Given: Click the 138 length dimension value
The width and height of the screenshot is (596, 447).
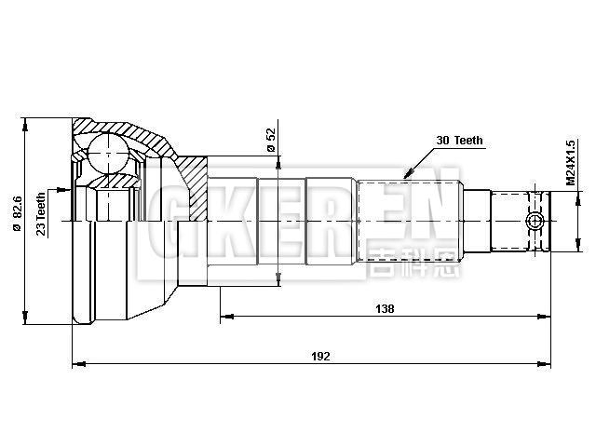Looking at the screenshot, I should (385, 309).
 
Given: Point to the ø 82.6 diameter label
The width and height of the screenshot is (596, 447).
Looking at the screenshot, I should (17, 221).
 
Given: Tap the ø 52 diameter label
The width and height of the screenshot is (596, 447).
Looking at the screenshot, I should (270, 140).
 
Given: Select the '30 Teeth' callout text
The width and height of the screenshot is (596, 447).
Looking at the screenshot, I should (459, 141).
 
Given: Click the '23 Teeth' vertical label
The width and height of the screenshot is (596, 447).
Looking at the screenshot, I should (42, 216).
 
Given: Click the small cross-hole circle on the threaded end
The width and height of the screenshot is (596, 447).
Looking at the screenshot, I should (535, 221).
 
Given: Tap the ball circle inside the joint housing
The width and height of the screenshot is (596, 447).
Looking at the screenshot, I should (107, 152).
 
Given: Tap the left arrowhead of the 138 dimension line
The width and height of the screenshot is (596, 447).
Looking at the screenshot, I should (224, 317).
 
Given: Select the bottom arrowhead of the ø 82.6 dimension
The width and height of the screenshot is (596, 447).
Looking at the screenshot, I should (28, 321).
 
